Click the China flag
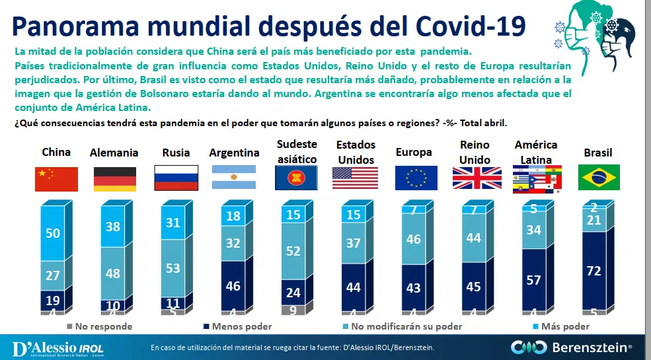pyautogui.click(x=56, y=179)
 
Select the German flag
pyautogui.click(x=114, y=179)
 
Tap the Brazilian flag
pyautogui.click(x=599, y=177)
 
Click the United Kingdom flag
pyautogui.click(x=477, y=178)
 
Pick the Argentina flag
pyautogui.click(x=233, y=178)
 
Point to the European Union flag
pyautogui.click(x=416, y=178)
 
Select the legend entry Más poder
pyautogui.click(x=563, y=326)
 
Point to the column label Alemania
pyautogui.click(x=114, y=153)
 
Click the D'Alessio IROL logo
pyautogui.click(x=58, y=347)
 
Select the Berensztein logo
pyautogui.click(x=571, y=346)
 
